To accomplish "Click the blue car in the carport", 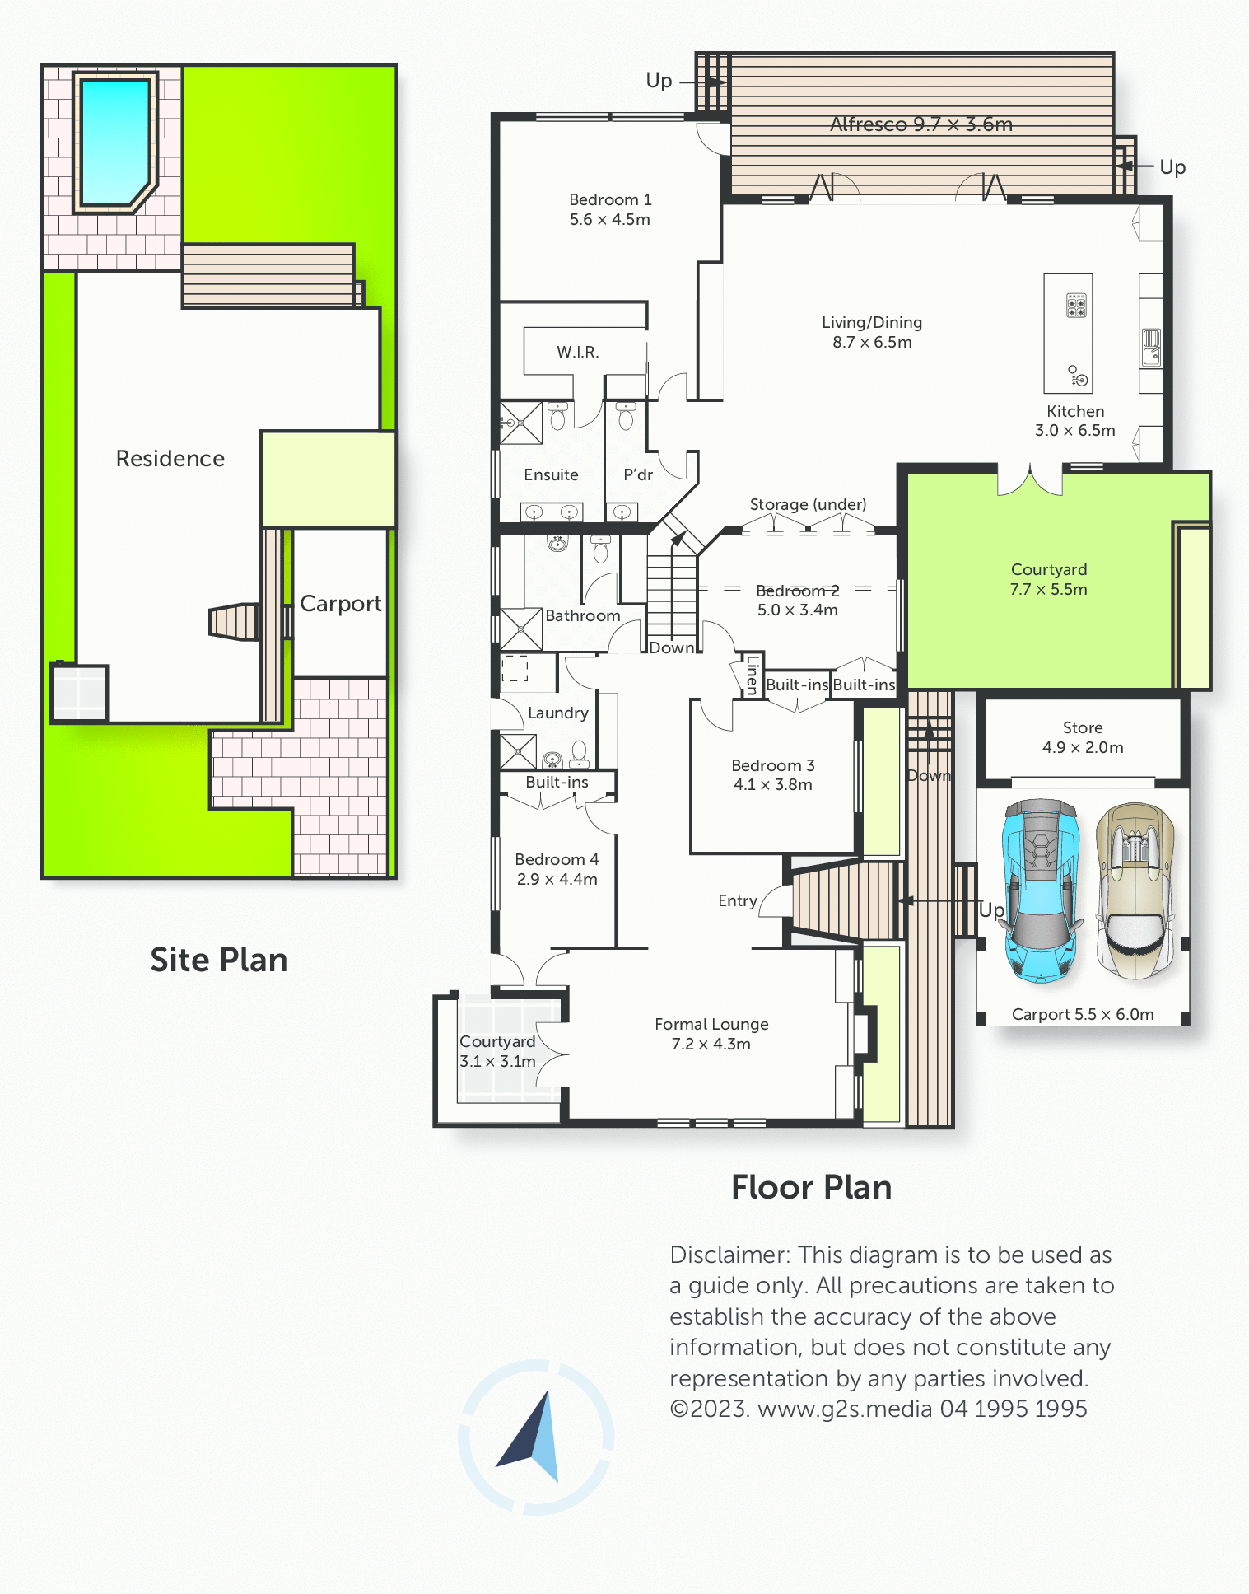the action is pos(1041,890).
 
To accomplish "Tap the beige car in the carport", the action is pos(1137,890).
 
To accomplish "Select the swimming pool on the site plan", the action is pos(115,143).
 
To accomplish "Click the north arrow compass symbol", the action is pos(536,1437).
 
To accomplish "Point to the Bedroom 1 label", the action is pos(610,209).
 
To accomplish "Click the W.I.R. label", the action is pos(578,352).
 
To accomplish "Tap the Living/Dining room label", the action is pos(872,332).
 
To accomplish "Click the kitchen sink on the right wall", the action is pos(1151,347).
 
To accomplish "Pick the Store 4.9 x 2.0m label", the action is pos(1083,737).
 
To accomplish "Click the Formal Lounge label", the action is pos(711,1034).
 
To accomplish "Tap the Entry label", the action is pos(738,901).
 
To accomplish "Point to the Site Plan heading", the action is pos(219,961).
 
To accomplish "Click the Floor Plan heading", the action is pos(812,1188).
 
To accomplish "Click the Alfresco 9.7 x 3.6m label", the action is pos(921,124).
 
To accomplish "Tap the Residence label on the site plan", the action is pos(170,459).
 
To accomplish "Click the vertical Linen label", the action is pos(752,675).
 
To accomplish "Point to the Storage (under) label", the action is pos(808,504).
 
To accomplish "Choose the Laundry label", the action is pos(558,713).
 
